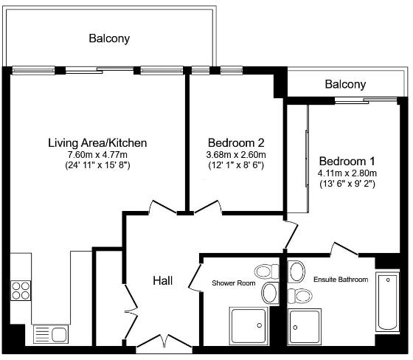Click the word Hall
click(163, 280)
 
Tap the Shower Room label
click(234, 283)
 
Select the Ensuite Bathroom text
click(341, 280)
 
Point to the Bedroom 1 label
click(347, 161)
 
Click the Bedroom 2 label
click(236, 143)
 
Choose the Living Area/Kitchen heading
click(97, 143)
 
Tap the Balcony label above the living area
click(109, 38)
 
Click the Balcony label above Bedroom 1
click(345, 84)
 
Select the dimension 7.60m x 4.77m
click(97, 155)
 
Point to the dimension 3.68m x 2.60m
click(236, 155)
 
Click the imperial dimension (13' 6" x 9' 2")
click(347, 184)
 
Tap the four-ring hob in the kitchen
click(21, 291)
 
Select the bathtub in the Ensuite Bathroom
click(387, 302)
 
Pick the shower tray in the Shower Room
click(249, 326)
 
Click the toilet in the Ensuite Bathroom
click(299, 297)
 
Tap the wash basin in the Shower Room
click(269, 293)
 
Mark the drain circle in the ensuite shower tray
click(295, 328)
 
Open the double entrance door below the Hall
click(164, 342)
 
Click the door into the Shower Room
click(195, 277)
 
